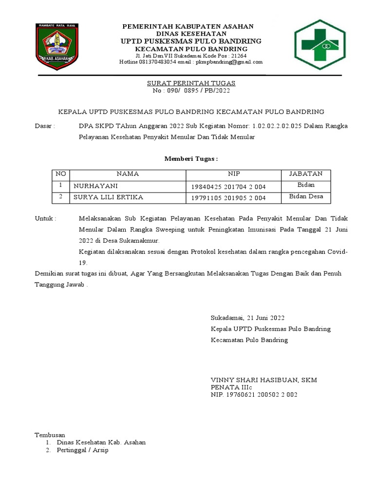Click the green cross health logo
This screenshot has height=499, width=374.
tap(319, 44)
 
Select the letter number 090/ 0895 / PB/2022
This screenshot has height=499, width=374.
tap(191, 91)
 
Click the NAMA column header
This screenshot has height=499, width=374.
tap(128, 174)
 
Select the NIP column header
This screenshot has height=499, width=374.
tap(234, 174)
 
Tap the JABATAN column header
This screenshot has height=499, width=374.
tap(306, 174)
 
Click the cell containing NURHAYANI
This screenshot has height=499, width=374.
tap(96, 186)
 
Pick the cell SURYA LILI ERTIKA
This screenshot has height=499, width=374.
tap(108, 198)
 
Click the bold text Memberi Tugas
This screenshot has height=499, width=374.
tap(191, 159)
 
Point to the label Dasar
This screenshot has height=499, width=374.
tap(45, 126)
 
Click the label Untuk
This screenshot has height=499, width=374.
tap(46, 219)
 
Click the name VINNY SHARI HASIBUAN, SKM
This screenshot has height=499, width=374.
tap(263, 380)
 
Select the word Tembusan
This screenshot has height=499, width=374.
tap(50, 435)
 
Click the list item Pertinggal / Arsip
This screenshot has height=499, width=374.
tap(82, 450)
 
